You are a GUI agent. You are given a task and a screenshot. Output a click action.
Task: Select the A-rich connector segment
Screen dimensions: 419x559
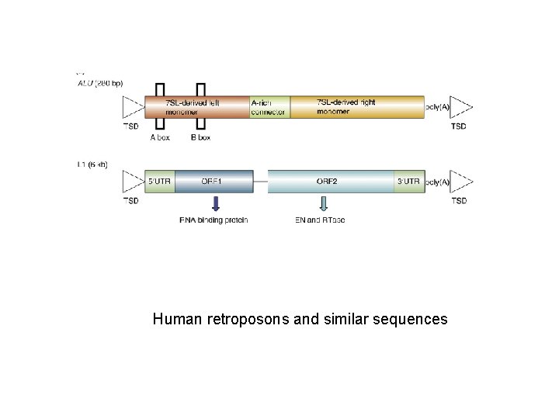269,107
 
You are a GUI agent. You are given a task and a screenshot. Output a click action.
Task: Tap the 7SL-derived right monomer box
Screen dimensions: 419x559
356,107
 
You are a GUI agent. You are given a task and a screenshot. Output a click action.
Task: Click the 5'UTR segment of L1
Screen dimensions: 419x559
160,182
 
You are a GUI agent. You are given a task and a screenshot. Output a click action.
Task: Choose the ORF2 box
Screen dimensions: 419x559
331,182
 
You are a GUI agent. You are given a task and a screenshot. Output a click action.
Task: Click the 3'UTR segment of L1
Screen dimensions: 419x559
409,182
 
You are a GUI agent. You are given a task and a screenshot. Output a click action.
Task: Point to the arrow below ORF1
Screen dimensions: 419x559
216,203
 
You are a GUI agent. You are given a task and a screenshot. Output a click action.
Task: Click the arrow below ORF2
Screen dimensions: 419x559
324,203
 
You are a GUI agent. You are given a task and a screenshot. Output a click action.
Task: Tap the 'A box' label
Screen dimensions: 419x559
160,137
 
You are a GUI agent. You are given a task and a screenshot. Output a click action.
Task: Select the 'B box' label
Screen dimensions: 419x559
200,137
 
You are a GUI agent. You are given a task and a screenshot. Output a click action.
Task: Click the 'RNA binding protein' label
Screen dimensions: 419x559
214,220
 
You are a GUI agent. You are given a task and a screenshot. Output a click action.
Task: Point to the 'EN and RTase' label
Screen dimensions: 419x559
321,220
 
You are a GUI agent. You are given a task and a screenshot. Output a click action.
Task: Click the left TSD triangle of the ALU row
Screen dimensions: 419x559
133,107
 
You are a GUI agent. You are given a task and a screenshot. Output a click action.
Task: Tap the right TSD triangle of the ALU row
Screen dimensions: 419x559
461,107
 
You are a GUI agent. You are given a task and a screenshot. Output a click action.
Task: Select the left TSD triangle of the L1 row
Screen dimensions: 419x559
133,182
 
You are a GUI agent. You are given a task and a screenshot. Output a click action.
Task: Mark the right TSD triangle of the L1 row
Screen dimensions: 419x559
461,182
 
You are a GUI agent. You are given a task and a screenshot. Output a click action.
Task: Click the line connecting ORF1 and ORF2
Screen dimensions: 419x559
260,182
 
